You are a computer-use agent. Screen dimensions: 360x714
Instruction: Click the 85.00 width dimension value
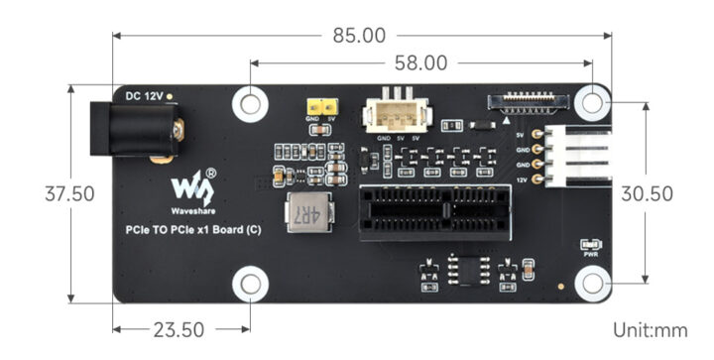coord(358,36)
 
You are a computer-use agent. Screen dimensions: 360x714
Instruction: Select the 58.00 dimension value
coord(421,63)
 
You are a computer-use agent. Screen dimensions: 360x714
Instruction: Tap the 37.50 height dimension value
coord(68,193)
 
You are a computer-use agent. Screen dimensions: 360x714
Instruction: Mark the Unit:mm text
coord(650,329)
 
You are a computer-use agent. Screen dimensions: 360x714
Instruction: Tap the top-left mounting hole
coord(251,101)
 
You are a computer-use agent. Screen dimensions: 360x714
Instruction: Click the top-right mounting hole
coord(593,101)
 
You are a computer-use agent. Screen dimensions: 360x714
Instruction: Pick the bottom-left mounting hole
coord(251,285)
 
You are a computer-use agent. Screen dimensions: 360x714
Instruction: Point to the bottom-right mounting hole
coord(593,285)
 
